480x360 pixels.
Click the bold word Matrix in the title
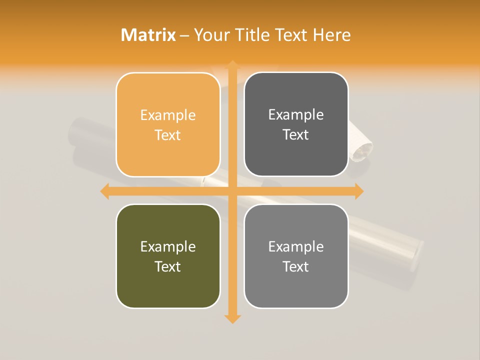coord(148,35)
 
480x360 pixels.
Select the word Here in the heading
coord(331,35)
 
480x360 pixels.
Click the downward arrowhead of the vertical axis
coord(232,318)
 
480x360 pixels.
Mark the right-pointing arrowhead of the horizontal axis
coord(358,191)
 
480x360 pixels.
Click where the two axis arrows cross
coord(232,191)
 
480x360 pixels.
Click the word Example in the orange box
coord(168,115)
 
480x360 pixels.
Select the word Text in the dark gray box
coord(296,135)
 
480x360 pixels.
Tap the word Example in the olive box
coord(168,246)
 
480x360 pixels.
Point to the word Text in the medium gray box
coord(296,266)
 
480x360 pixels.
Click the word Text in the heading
coord(290,35)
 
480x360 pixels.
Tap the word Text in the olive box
coord(168,266)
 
